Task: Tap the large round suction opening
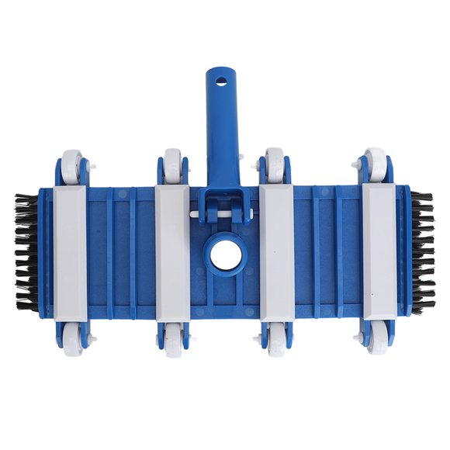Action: (224, 254)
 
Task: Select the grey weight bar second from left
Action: (172, 248)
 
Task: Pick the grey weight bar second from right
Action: (276, 248)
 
